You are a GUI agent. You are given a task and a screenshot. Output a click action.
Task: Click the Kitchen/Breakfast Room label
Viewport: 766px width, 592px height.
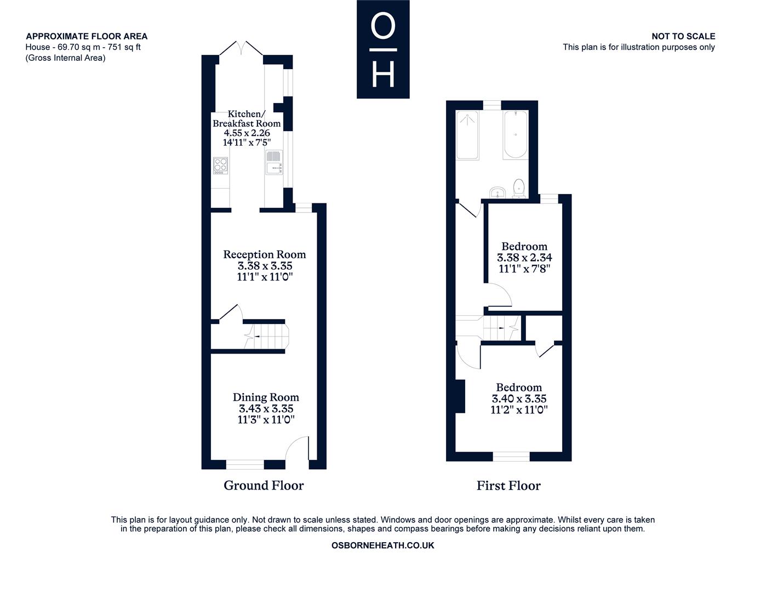pos(247,118)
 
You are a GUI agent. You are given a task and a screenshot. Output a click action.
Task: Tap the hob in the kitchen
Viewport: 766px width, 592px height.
pos(221,166)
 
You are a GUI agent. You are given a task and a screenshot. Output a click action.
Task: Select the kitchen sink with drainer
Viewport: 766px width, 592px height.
pos(274,162)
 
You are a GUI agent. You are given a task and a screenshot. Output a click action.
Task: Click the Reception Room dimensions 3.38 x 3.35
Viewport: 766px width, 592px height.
pos(265,265)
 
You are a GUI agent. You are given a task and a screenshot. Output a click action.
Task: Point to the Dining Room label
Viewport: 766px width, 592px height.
pos(266,397)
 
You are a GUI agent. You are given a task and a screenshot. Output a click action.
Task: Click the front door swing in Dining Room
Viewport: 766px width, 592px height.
pos(297,448)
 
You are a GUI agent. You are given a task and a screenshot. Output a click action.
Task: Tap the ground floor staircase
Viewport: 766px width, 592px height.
pos(267,337)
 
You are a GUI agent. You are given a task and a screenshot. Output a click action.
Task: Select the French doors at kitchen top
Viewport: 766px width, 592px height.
pos(242,48)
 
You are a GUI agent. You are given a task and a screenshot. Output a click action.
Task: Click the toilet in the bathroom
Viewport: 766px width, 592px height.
pos(519,189)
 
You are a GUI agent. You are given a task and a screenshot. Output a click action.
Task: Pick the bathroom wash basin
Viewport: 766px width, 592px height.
pos(498,192)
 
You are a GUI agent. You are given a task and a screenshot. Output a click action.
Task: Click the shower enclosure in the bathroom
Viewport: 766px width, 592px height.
pos(467,135)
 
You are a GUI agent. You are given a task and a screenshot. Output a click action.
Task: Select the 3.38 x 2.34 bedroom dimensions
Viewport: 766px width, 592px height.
pos(524,258)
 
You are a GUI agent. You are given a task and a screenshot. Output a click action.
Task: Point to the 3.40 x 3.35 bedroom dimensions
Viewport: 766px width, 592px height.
pos(519,399)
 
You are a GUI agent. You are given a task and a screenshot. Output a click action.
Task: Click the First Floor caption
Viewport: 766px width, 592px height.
pos(508,486)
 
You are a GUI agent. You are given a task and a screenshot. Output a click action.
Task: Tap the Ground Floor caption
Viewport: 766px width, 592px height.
pos(264,486)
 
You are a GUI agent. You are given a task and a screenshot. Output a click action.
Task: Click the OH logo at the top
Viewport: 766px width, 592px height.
pos(383,49)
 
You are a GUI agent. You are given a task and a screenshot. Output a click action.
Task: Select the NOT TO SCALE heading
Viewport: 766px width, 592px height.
pos(683,36)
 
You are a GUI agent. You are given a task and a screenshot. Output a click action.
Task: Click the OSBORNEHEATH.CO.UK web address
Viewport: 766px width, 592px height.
pos(383,545)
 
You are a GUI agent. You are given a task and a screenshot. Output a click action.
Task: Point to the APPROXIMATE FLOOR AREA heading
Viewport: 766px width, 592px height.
pos(87,36)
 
